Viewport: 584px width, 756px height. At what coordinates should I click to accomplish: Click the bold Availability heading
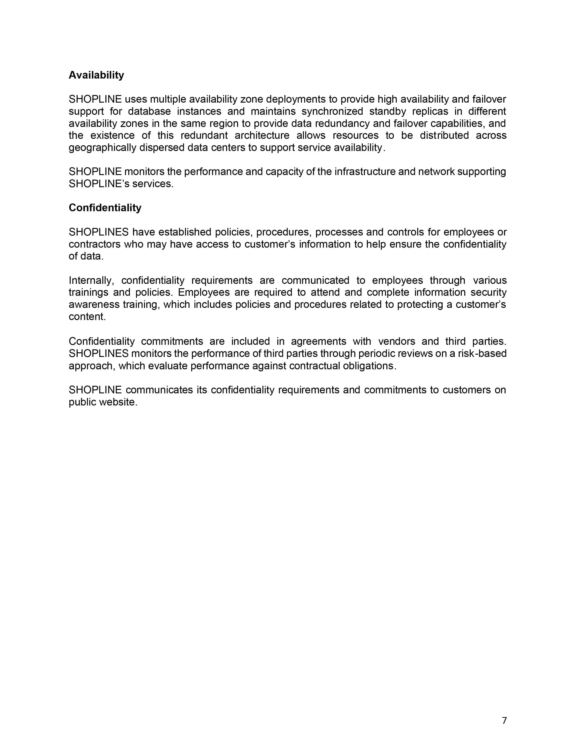point(96,75)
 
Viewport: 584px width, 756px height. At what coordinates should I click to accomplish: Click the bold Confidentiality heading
point(105,208)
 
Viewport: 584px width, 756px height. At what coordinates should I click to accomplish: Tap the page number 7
point(504,720)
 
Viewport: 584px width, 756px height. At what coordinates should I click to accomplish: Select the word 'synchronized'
point(332,112)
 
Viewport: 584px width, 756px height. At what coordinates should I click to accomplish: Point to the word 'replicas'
point(430,112)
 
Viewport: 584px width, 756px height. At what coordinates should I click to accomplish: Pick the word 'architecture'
point(262,135)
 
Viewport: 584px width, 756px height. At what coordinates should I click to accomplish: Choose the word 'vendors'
point(396,341)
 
